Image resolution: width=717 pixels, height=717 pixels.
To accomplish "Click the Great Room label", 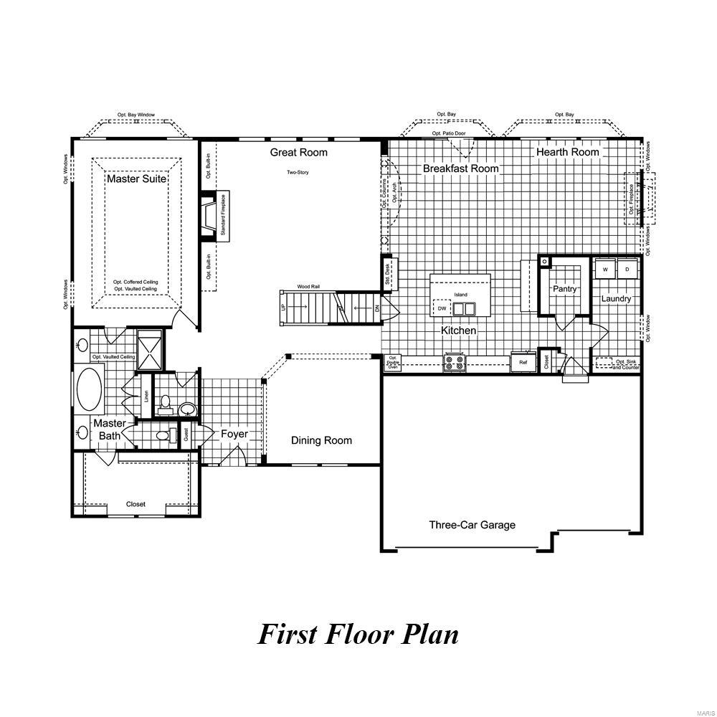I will [x=298, y=152].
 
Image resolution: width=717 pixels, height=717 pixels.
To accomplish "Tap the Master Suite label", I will [x=136, y=178].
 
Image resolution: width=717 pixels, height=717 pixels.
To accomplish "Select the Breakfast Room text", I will [x=460, y=168].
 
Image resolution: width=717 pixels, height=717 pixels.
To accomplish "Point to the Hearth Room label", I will [x=568, y=152].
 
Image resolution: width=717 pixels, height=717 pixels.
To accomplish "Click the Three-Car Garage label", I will [x=472, y=525].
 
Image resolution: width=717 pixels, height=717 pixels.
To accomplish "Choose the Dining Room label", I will [x=321, y=440].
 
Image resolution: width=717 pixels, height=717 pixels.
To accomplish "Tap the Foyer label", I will [x=234, y=434].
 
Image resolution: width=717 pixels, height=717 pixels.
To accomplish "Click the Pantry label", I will [x=564, y=289].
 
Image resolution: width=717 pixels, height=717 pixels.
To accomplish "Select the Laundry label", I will [x=616, y=298].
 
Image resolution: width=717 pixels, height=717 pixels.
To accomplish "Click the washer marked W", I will [x=604, y=269].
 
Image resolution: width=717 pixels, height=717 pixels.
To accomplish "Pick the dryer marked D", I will [x=627, y=269].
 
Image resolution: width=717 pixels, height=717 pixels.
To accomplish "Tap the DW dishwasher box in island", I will [x=442, y=308].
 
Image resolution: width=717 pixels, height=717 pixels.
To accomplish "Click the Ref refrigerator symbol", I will [x=523, y=363].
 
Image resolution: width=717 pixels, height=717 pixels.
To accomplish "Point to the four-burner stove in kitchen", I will [x=454, y=362].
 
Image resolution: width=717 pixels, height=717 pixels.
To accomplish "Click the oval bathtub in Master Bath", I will [x=89, y=389].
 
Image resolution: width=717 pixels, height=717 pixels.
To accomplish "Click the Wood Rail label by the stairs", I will [x=308, y=286].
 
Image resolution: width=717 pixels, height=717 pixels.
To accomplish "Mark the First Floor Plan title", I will [x=358, y=634].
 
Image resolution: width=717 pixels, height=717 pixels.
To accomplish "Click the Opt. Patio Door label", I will [x=449, y=133].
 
